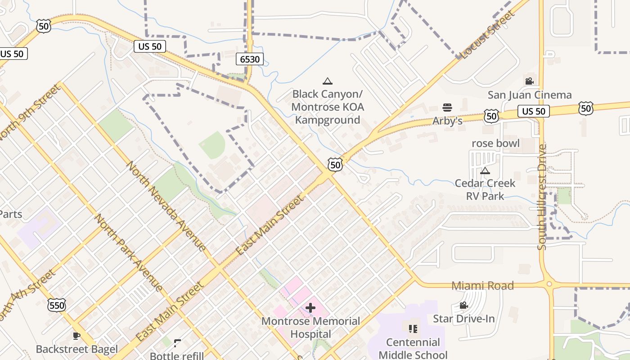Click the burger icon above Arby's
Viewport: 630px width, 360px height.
[447, 108]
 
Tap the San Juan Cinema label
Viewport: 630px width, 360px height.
[530, 95]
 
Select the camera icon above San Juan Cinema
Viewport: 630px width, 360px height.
[529, 81]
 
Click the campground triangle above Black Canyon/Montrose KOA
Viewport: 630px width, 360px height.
[328, 81]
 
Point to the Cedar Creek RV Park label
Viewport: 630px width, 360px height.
[485, 189]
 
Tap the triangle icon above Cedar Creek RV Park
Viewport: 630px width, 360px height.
[485, 171]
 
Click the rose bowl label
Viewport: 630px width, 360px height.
[495, 143]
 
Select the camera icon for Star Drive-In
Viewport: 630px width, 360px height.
[463, 306]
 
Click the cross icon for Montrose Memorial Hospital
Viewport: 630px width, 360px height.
[310, 308]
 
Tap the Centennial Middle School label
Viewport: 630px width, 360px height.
[413, 348]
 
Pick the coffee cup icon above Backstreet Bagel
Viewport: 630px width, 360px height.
[76, 336]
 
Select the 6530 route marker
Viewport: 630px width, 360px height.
[249, 58]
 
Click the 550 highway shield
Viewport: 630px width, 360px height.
[57, 306]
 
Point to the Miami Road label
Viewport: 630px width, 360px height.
[482, 286]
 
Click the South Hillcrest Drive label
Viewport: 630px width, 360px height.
[542, 197]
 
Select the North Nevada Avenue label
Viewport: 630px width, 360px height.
[166, 206]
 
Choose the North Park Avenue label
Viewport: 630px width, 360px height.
[128, 252]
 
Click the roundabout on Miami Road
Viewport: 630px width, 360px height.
[549, 284]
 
